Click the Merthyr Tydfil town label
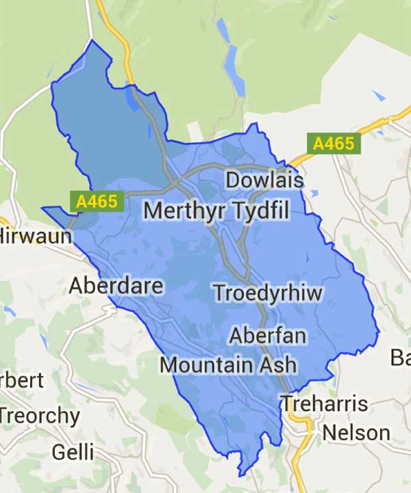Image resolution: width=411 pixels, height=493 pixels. click(216, 210)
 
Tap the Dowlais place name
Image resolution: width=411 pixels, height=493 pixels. click(264, 181)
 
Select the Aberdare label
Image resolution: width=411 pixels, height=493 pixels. click(116, 285)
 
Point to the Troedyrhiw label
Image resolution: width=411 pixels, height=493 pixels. click(268, 293)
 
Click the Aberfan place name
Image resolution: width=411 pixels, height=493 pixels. click(268, 336)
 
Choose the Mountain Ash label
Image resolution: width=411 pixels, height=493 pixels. click(228, 364)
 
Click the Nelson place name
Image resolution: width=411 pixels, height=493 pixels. click(356, 433)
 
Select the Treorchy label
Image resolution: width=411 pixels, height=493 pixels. click(40, 415)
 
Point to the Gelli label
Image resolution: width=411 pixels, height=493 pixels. click(73, 453)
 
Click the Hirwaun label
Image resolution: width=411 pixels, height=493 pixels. click(31, 237)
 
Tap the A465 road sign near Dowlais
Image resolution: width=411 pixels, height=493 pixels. click(334, 144)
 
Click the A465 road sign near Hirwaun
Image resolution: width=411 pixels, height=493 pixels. click(97, 201)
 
